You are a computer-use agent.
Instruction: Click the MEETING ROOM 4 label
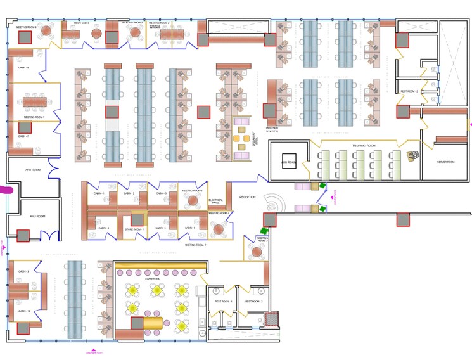pyautogui.click(x=26, y=28)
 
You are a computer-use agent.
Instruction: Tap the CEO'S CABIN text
pyautogui.click(x=80, y=23)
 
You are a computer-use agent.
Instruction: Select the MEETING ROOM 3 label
pyautogui.click(x=132, y=23)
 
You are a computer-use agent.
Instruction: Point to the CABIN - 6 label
pyautogui.click(x=23, y=67)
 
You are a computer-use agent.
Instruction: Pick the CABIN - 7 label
pyautogui.click(x=23, y=136)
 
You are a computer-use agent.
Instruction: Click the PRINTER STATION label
pyautogui.click(x=272, y=129)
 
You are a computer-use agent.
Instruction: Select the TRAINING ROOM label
pyautogui.click(x=364, y=146)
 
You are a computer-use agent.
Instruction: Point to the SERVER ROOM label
pyautogui.click(x=446, y=162)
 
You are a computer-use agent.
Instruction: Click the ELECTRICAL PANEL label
pyautogui.click(x=215, y=202)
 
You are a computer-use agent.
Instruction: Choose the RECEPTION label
pyautogui.click(x=247, y=197)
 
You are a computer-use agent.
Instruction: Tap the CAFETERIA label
pyautogui.click(x=152, y=278)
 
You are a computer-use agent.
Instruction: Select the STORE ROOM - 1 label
pyautogui.click(x=134, y=229)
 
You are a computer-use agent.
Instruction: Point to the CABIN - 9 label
pyautogui.click(x=23, y=271)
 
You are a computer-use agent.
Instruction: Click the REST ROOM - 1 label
pyautogui.click(x=223, y=302)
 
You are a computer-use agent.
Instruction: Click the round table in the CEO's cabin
pyautogui.click(x=96, y=34)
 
